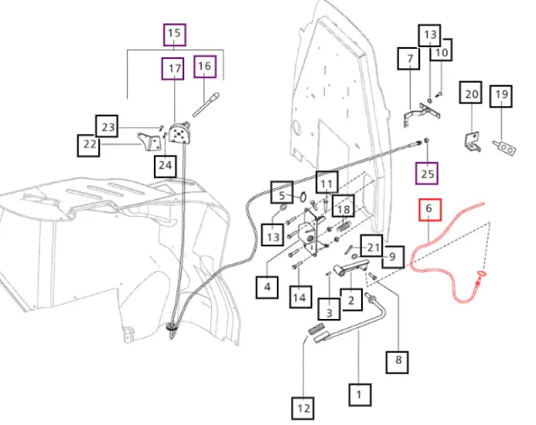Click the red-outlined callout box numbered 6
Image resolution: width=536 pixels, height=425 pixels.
click(430, 210)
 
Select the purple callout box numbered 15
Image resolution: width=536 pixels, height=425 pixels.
click(175, 35)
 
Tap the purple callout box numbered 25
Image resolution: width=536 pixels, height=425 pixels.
click(427, 173)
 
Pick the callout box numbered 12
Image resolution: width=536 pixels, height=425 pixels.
click(303, 408)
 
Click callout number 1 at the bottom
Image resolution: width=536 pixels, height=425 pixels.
click(360, 395)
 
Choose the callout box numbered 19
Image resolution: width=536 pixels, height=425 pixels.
click(500, 96)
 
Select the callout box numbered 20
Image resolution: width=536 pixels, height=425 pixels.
click(471, 92)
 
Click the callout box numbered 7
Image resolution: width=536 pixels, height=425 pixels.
click(408, 59)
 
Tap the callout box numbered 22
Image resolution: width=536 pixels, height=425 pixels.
click(88, 146)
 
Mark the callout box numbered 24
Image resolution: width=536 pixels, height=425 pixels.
click(166, 166)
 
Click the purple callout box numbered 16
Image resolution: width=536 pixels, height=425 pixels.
click(205, 67)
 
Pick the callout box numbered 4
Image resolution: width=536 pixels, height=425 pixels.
click(267, 287)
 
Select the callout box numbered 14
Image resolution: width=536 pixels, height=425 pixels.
click(300, 296)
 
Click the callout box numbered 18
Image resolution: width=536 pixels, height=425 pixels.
click(343, 206)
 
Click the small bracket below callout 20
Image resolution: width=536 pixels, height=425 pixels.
click(473, 142)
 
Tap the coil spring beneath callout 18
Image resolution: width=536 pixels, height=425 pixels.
click(343, 226)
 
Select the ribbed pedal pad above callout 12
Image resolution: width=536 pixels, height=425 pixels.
click(316, 329)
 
